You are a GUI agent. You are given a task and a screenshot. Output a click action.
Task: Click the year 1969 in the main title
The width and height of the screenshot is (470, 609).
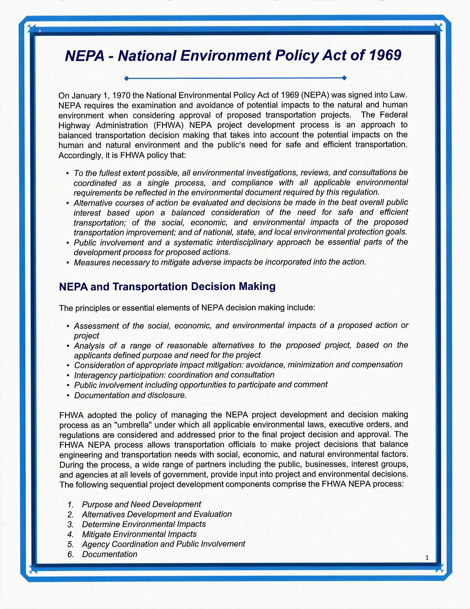[385, 55]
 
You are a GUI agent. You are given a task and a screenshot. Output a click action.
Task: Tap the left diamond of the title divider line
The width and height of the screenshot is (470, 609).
[127, 78]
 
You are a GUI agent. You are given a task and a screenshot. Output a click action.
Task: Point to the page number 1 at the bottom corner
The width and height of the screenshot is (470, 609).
[427, 557]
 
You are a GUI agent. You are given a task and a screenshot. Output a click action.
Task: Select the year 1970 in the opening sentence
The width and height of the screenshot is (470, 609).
[121, 96]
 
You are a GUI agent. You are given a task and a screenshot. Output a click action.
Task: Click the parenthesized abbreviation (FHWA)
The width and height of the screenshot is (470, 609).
[168, 125]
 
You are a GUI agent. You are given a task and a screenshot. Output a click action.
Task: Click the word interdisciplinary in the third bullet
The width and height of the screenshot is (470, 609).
[242, 242]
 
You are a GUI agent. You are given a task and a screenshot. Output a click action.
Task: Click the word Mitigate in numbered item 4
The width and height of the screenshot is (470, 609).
[96, 534]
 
